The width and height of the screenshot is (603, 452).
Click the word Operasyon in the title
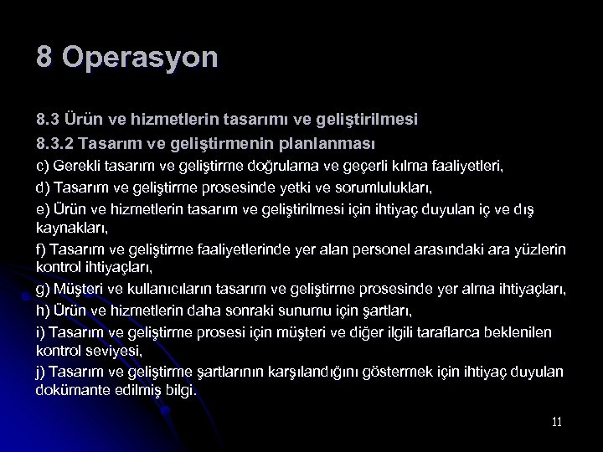(x=140, y=58)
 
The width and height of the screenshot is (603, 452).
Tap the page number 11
(x=557, y=422)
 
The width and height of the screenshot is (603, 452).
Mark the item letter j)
(x=41, y=371)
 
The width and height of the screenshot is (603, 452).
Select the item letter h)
(x=43, y=311)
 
